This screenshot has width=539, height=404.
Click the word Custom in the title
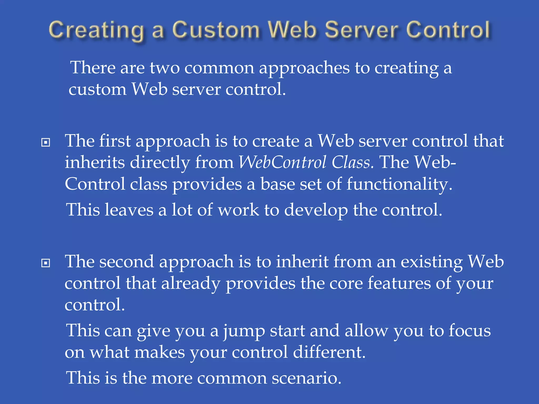pyautogui.click(x=216, y=30)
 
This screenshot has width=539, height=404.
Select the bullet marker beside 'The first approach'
pyautogui.click(x=46, y=143)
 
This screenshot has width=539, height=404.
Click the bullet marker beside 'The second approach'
pyautogui.click(x=46, y=263)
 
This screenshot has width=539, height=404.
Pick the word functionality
pyautogui.click(x=399, y=184)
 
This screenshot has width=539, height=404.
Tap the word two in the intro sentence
pyautogui.click(x=165, y=68)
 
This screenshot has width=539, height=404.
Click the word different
pyautogui.click(x=329, y=352)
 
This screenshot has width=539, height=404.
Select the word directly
pyautogui.click(x=160, y=163)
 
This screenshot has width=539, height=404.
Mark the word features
pyautogui.click(x=399, y=284)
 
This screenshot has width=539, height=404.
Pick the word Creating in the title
pyautogui.click(x=96, y=31)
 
